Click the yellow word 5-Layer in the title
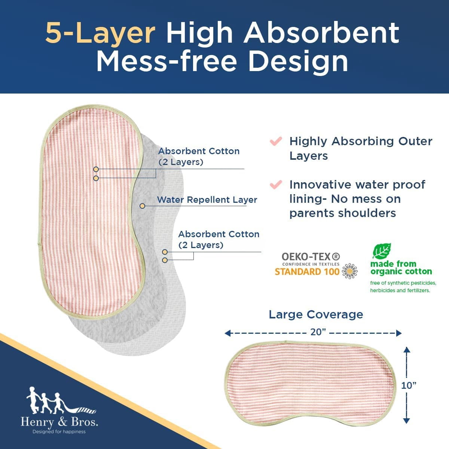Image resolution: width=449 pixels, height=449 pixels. tap(100, 33)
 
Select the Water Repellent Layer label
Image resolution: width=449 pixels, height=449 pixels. tap(207, 200)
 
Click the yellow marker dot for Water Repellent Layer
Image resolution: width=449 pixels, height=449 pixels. tap(142, 206)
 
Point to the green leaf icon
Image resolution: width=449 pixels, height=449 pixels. tap(382, 251)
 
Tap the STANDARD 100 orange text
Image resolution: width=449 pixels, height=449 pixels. tap(307, 272)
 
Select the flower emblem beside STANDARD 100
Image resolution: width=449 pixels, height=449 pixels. tap(349, 271)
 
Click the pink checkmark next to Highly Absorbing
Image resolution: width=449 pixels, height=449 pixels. tap(276, 141)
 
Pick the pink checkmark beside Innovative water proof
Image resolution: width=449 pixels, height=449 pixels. tap(276, 185)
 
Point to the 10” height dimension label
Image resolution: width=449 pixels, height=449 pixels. tap(409, 386)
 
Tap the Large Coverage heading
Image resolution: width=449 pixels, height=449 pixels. tap(316, 315)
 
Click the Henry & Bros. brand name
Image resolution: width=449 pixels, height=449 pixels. tap(59, 422)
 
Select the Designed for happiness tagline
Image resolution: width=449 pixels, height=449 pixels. tap(59, 432)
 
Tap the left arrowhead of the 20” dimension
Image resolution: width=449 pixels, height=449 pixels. tap(227, 333)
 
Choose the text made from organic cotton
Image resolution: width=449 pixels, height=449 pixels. tap(401, 268)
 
